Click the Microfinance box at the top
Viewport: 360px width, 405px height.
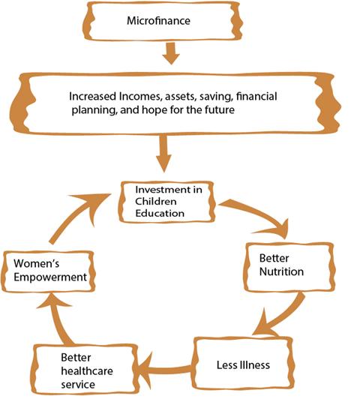163,21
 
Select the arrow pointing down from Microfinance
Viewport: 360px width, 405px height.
171,53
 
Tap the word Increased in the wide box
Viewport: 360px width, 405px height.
92,96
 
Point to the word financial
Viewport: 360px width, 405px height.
256,96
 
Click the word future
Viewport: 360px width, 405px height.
220,110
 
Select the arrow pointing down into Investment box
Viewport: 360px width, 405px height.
163,154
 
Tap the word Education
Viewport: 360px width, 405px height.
160,213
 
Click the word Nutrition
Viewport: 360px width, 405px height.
281,271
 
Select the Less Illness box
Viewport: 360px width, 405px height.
243,364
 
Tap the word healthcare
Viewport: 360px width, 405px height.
87,371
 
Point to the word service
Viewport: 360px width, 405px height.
78,385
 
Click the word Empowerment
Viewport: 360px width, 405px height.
50,277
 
